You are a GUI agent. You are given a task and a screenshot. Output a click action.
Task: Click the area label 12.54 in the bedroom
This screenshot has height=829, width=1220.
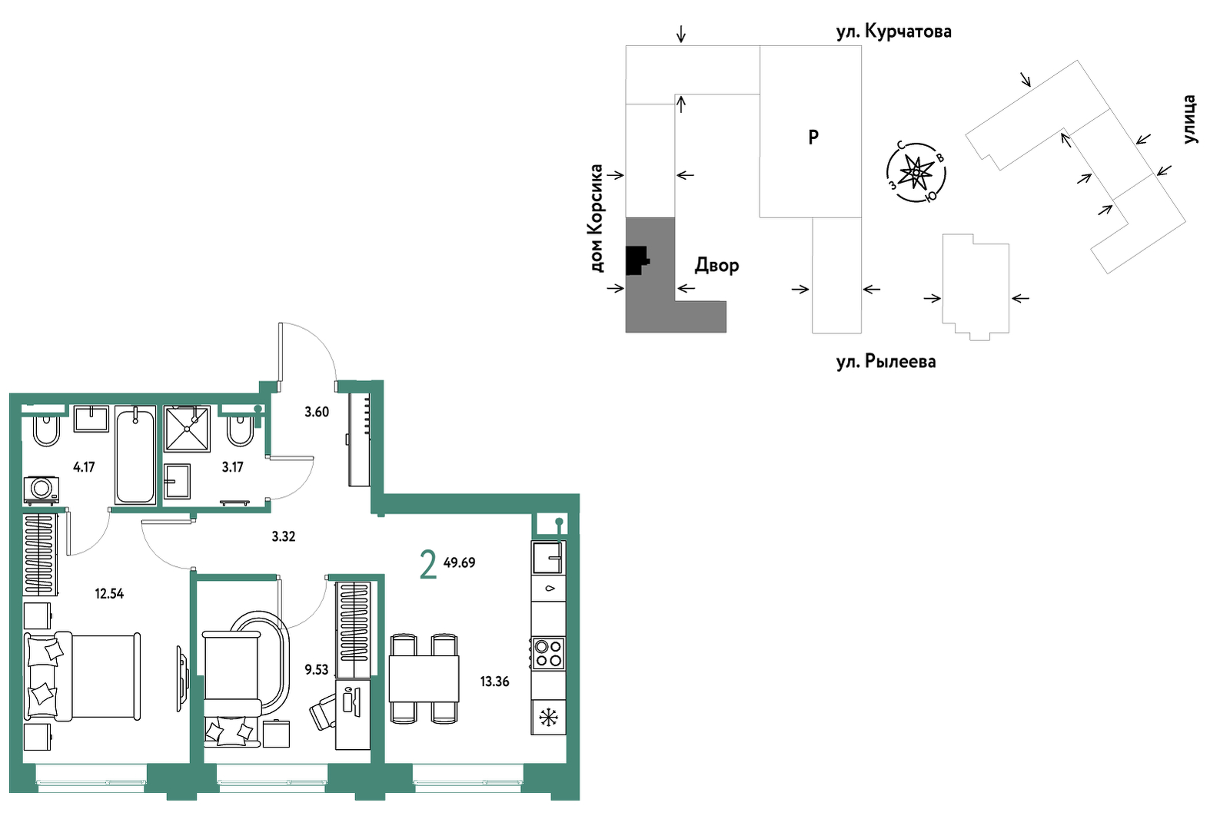point(109,593)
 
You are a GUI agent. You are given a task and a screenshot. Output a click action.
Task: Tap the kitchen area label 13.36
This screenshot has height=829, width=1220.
point(494,681)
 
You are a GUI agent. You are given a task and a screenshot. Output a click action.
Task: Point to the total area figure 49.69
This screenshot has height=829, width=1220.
point(459,563)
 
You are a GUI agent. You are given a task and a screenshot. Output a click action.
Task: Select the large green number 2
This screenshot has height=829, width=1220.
point(429,565)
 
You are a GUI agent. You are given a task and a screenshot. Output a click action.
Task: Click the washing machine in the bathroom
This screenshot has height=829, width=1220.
point(42,490)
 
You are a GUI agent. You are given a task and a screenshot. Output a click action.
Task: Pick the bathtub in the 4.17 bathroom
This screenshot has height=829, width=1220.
point(135,456)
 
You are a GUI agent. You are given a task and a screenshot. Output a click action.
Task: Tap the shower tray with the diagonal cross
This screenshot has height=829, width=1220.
point(187,429)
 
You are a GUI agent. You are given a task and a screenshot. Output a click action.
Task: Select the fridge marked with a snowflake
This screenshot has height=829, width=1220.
point(548,718)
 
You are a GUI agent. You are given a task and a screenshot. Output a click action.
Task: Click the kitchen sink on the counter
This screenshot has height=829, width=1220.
point(548,557)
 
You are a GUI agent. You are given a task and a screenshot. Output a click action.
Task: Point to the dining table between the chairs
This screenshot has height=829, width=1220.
point(424,678)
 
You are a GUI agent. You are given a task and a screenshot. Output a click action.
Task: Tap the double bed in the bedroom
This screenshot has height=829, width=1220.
point(81,676)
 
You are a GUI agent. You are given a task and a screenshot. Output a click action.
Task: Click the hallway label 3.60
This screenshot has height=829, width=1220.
point(317,412)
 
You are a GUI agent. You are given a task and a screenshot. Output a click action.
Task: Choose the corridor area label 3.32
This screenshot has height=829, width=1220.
point(283,537)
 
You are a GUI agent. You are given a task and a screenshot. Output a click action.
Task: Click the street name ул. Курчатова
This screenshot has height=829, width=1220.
point(894,32)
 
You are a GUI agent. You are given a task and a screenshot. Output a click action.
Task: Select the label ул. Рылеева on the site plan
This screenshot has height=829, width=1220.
point(886,361)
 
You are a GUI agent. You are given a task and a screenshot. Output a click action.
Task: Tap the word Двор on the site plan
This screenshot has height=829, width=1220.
point(716,266)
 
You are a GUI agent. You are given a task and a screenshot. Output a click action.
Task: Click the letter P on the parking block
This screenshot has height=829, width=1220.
point(813,138)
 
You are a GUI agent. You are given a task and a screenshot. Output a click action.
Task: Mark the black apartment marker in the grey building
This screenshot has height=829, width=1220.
point(637,260)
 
